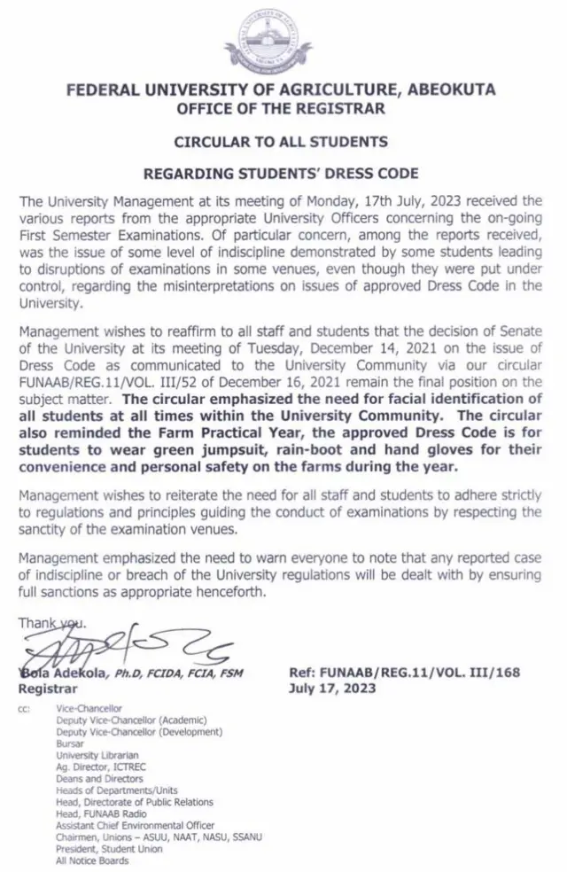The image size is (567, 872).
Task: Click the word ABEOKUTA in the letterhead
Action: tap(453, 90)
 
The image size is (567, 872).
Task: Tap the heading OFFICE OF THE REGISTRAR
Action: tap(281, 108)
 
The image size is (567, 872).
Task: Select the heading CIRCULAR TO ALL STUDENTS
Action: tap(281, 142)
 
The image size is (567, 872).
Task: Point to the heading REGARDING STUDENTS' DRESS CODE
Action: tap(281, 174)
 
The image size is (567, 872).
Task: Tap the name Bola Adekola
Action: tap(62, 673)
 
